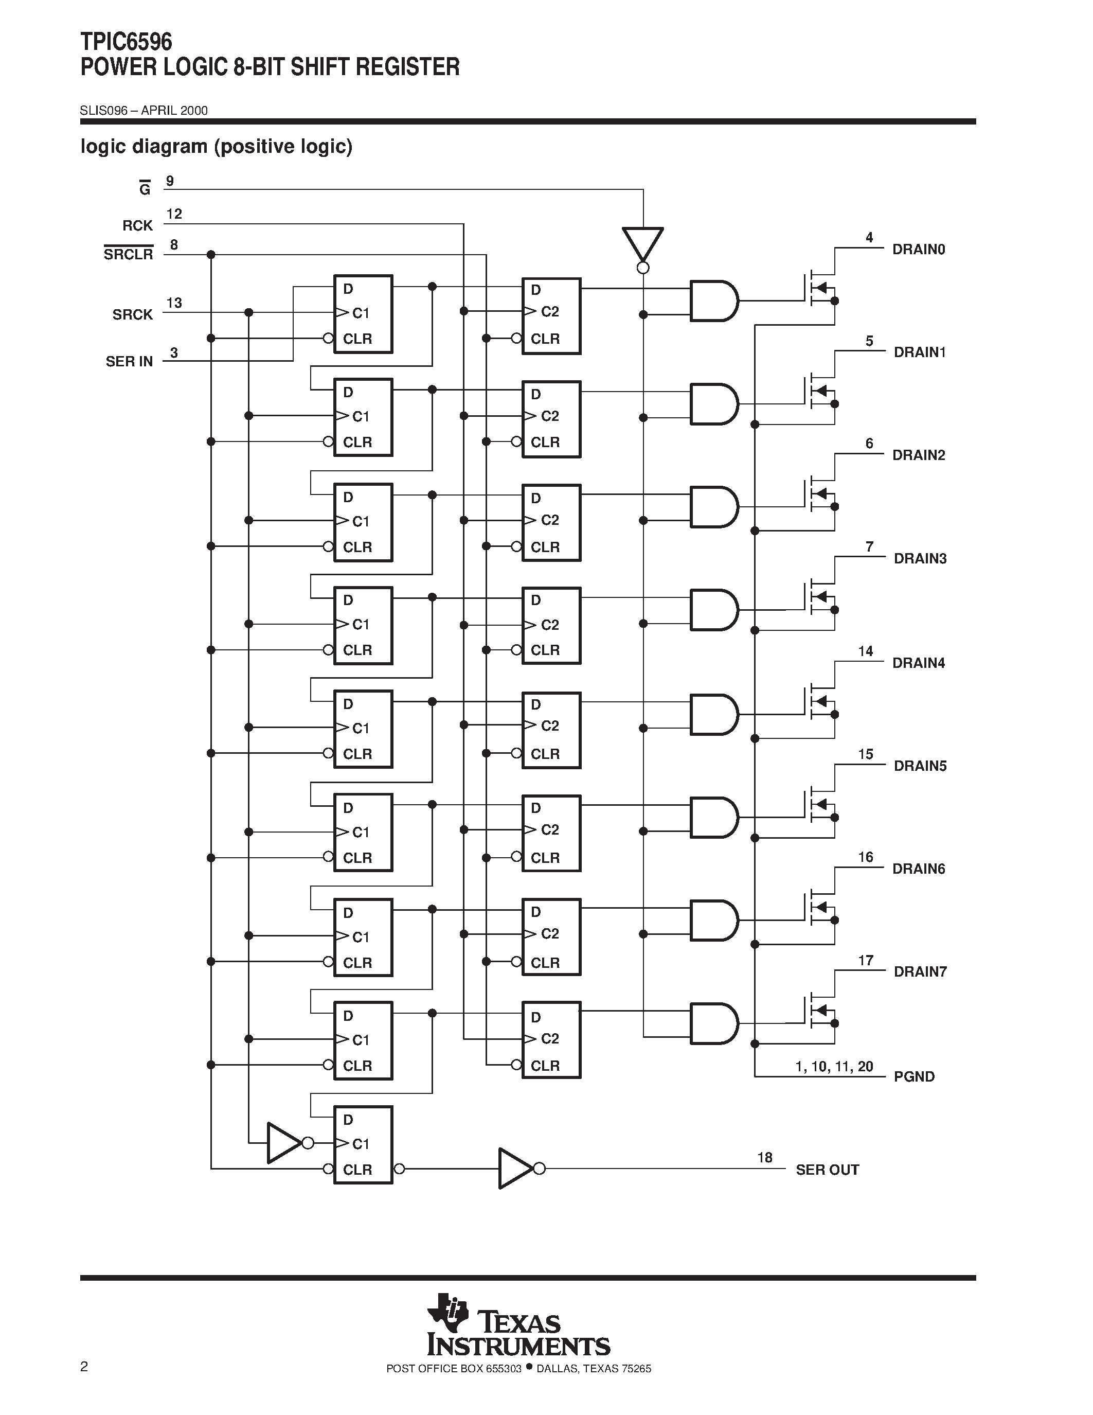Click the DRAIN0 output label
pyautogui.click(x=918, y=250)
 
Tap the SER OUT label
pyautogui.click(x=827, y=1170)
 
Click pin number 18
pyautogui.click(x=765, y=1157)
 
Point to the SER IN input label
pyautogui.click(x=130, y=362)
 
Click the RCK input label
pyautogui.click(x=137, y=225)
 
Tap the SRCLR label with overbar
pyautogui.click(x=128, y=254)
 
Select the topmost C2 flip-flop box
pyautogui.click(x=551, y=316)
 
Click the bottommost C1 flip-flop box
pyautogui.click(x=363, y=1145)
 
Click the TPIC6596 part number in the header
pyautogui.click(x=126, y=42)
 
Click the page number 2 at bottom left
pyautogui.click(x=84, y=1367)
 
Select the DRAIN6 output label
pyautogui.click(x=918, y=869)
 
